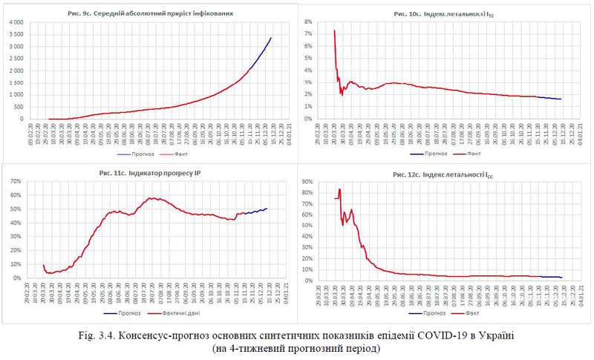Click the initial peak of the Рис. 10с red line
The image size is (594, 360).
tap(335, 30)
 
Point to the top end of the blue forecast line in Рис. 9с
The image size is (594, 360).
tap(271, 37)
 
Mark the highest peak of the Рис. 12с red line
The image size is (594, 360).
tap(340, 189)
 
